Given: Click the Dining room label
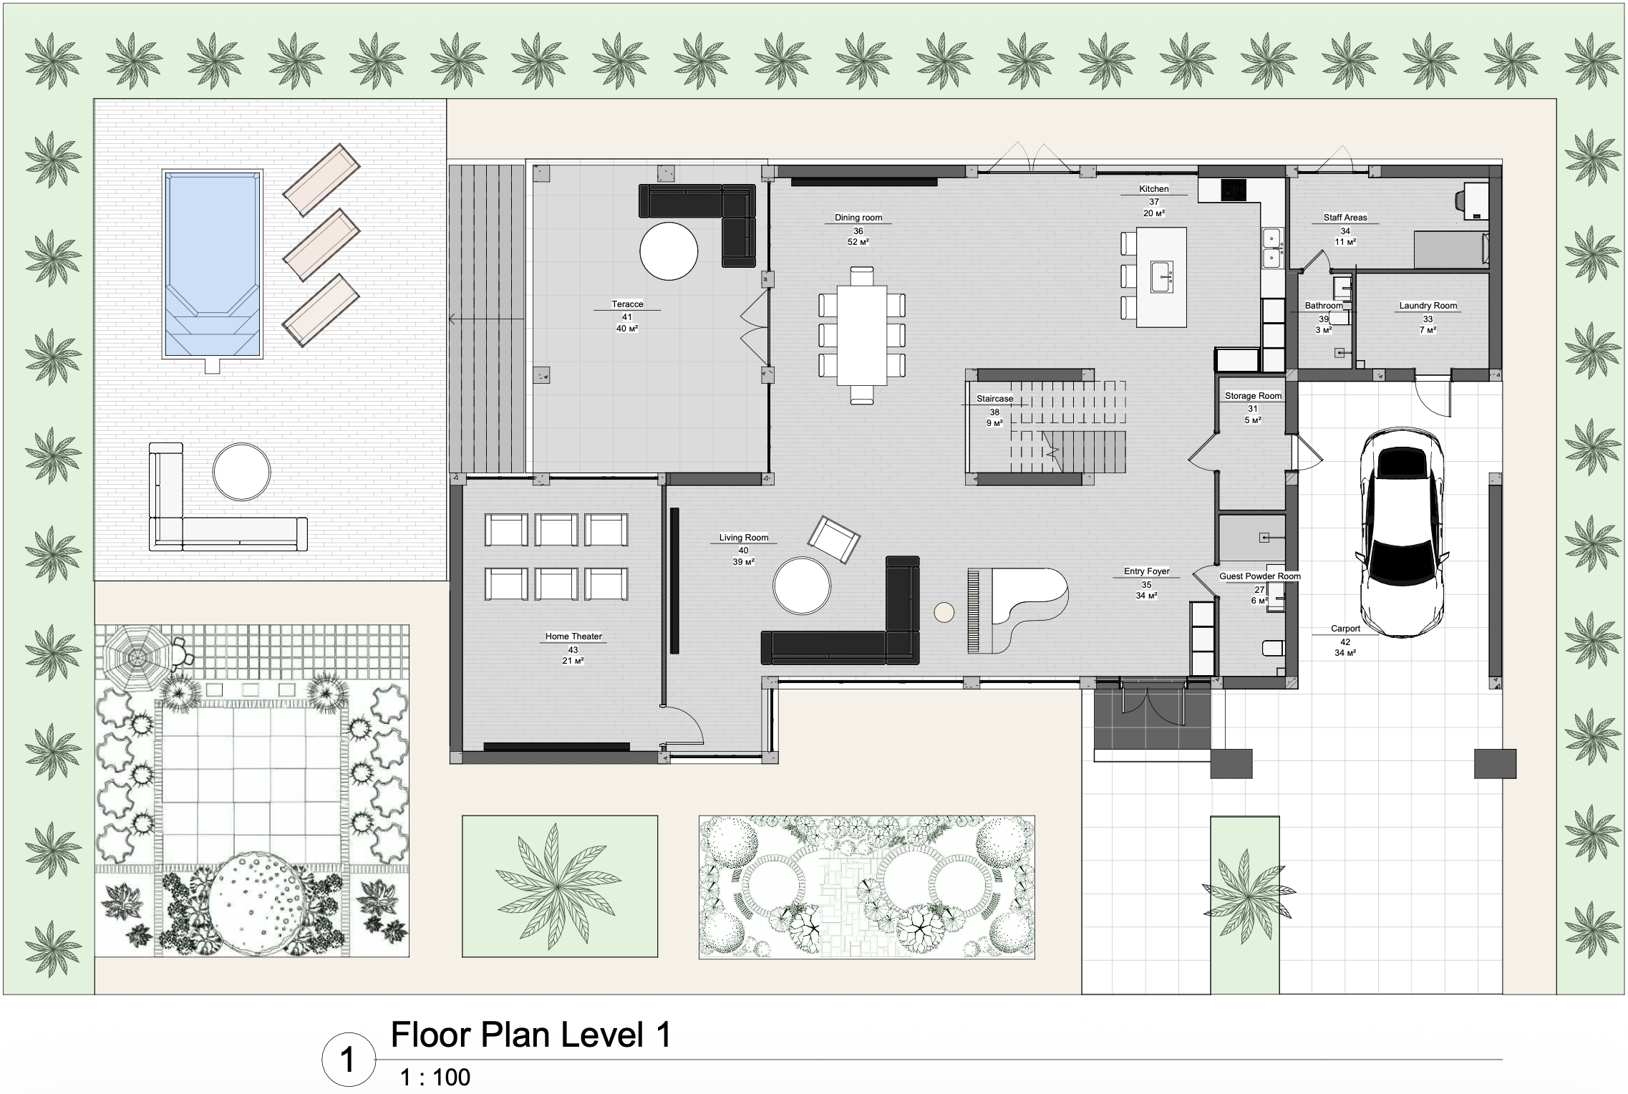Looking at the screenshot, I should (x=858, y=218).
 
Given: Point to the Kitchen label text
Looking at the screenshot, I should (x=1153, y=189).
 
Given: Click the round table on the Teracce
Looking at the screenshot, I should (x=668, y=251).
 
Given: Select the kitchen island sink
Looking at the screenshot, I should (x=1161, y=276).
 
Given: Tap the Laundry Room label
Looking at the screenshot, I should (x=1428, y=306).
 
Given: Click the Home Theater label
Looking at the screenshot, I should (x=573, y=636).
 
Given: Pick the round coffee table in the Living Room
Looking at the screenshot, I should (x=801, y=585).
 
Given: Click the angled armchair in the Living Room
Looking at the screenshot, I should (x=833, y=539).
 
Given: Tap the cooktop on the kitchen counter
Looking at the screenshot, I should (x=1234, y=189).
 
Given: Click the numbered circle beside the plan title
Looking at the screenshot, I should (x=348, y=1060).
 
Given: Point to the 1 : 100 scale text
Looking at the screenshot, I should (x=435, y=1077).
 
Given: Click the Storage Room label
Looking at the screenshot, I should (x=1253, y=395).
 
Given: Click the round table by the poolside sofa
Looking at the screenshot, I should (x=241, y=472).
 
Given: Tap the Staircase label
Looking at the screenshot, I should (x=994, y=399).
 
